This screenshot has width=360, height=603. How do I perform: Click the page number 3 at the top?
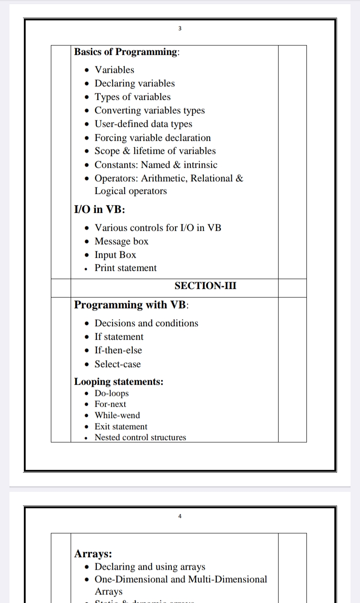(180, 29)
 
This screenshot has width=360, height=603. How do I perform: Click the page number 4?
(180, 516)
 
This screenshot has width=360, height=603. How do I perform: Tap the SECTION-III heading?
(205, 286)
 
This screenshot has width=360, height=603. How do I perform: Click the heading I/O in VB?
(99, 209)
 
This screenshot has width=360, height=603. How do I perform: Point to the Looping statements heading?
(119, 382)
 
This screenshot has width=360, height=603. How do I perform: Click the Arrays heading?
(93, 553)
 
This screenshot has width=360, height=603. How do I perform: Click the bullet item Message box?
(121, 241)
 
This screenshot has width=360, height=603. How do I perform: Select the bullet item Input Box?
(115, 255)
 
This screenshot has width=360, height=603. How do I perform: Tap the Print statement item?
(126, 268)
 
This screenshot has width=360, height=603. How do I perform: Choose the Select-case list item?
(117, 364)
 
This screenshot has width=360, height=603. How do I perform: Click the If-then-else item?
(118, 350)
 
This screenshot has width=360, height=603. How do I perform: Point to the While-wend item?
(117, 415)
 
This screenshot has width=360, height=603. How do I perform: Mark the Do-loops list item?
(112, 393)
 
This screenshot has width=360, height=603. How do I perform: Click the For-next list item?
(110, 404)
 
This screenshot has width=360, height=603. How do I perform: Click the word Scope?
(106, 151)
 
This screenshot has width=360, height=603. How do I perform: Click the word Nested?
(107, 437)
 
